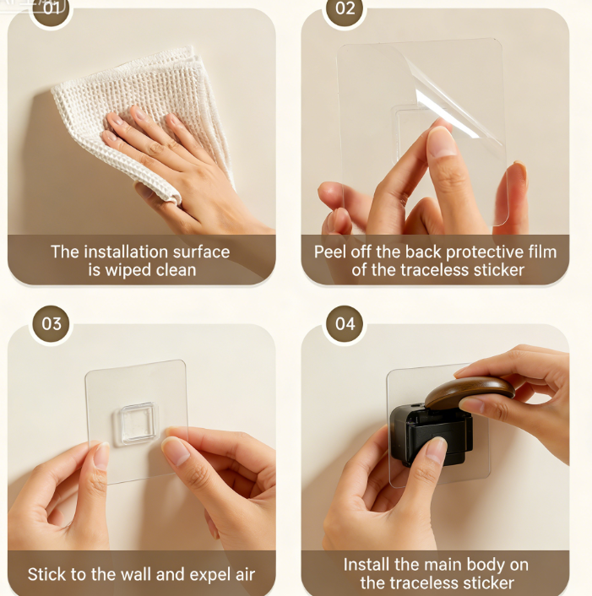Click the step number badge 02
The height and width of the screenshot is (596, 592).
345,9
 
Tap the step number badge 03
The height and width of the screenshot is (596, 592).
52,324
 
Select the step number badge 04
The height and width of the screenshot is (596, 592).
345,324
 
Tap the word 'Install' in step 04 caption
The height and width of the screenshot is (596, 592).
367,565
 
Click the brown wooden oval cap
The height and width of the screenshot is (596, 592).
470,392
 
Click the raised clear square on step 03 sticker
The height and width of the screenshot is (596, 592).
136,423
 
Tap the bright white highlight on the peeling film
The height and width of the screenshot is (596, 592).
447,113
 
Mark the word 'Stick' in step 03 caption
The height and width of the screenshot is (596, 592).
46,575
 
